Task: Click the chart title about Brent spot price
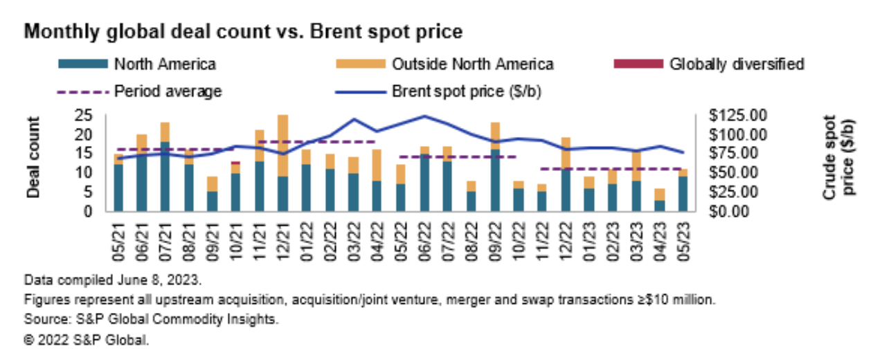pyautogui.click(x=244, y=32)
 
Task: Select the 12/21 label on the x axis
pyautogui.click(x=282, y=239)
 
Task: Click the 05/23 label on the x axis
pyautogui.click(x=683, y=239)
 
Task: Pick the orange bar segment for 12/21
pyautogui.click(x=282, y=145)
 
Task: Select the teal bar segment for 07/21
pyautogui.click(x=165, y=177)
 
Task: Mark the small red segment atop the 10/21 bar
pyautogui.click(x=235, y=163)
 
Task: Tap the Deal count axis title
pyautogui.click(x=34, y=157)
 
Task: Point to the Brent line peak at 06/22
pyautogui.click(x=424, y=116)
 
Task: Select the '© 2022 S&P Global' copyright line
pyautogui.click(x=87, y=341)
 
